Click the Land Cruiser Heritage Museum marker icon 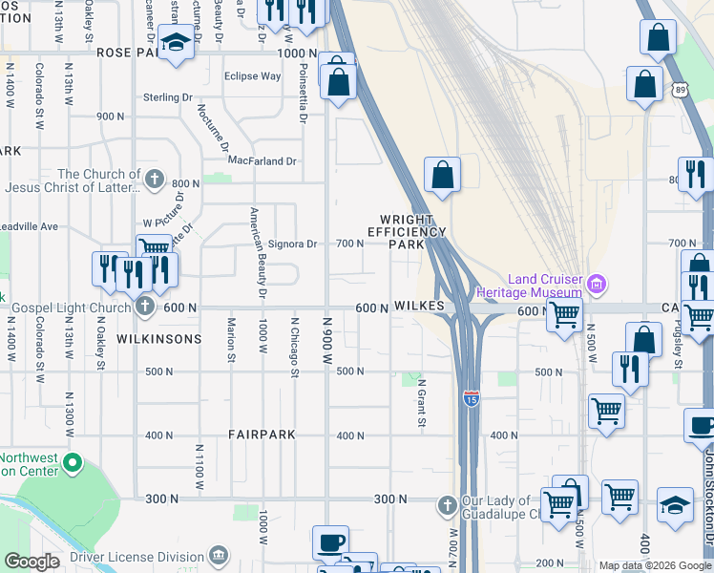(598, 284)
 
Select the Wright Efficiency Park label (407, 231)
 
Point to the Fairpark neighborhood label (262, 435)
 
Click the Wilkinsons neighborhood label (158, 339)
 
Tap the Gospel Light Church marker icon (144, 308)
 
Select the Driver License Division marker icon (219, 556)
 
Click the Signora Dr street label (292, 244)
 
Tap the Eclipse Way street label (252, 76)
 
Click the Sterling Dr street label (167, 97)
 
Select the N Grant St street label (421, 402)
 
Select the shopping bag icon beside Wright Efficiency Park (442, 175)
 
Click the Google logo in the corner (31, 562)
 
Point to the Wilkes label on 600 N (420, 306)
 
